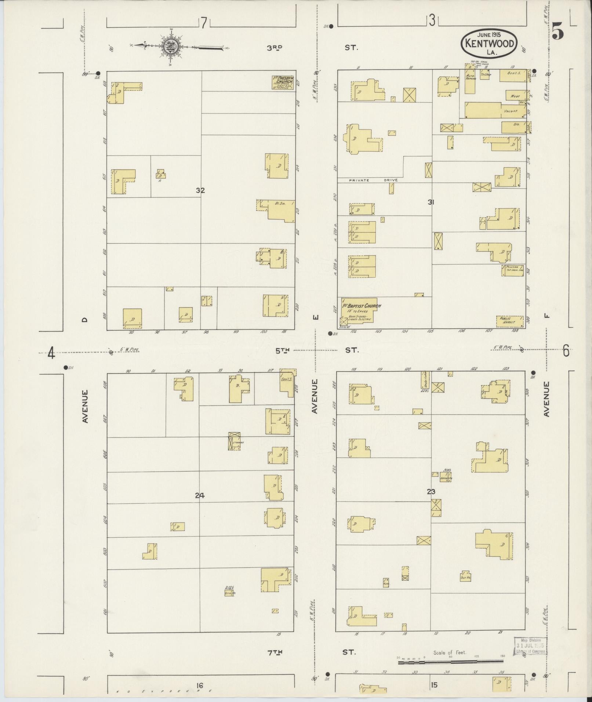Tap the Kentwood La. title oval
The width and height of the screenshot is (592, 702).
click(x=489, y=43)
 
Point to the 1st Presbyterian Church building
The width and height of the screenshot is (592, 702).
click(x=283, y=83)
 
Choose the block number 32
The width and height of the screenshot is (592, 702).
click(x=200, y=190)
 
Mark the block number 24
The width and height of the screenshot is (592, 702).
click(x=199, y=496)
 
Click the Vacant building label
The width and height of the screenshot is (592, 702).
click(x=511, y=111)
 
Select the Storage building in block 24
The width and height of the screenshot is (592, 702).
click(x=235, y=441)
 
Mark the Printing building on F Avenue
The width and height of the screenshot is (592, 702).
click(x=512, y=270)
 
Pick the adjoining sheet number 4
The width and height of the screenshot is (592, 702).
click(x=51, y=354)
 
